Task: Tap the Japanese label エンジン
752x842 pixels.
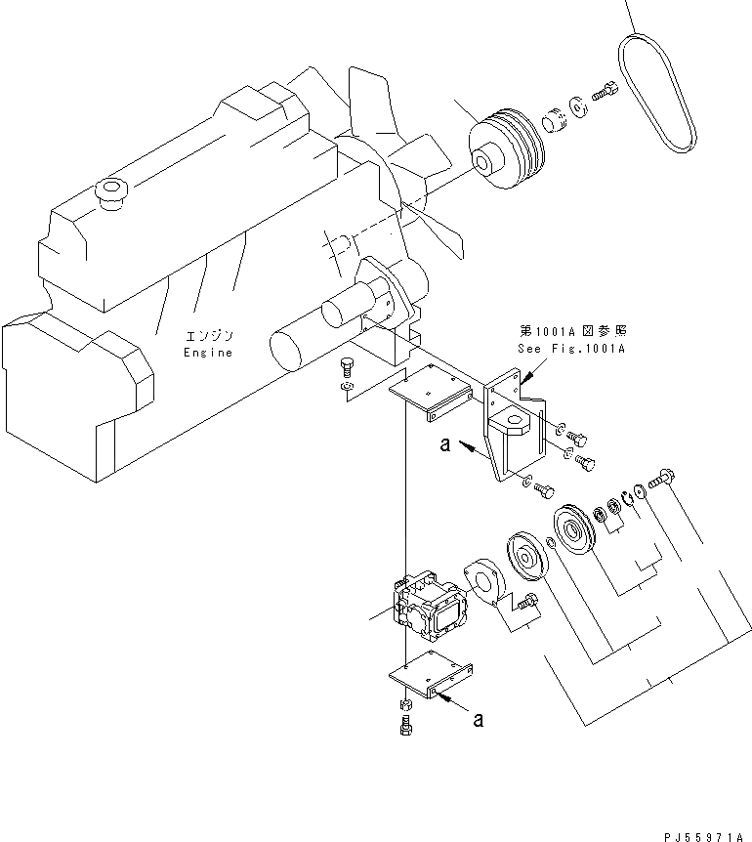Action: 211,336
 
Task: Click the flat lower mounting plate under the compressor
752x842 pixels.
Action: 430,680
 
